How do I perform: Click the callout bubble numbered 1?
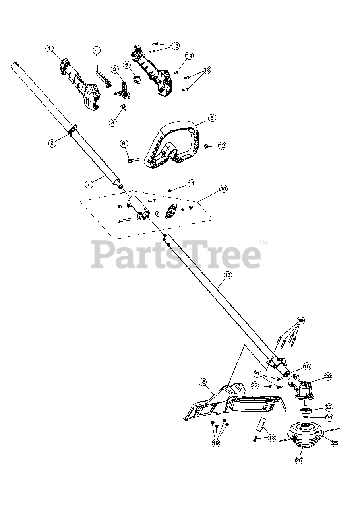[50, 49]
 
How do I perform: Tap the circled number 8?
[212, 118]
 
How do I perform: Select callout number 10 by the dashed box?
[223, 189]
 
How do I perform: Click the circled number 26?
[299, 460]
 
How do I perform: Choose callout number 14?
[189, 56]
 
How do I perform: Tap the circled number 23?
[329, 407]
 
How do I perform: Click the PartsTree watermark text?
[177, 254]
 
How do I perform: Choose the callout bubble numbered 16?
[307, 366]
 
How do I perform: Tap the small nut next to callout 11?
[170, 190]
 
